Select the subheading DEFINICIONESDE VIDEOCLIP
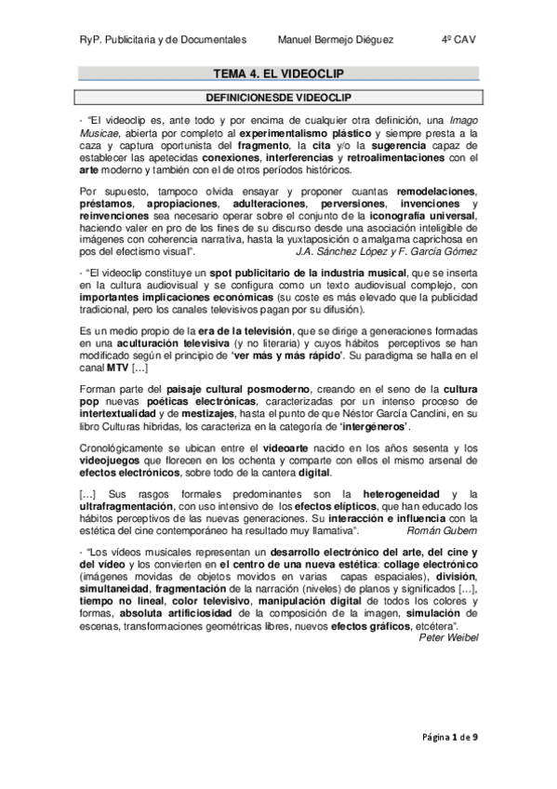(278, 96)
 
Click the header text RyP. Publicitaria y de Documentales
(162, 39)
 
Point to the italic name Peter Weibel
(448, 637)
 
